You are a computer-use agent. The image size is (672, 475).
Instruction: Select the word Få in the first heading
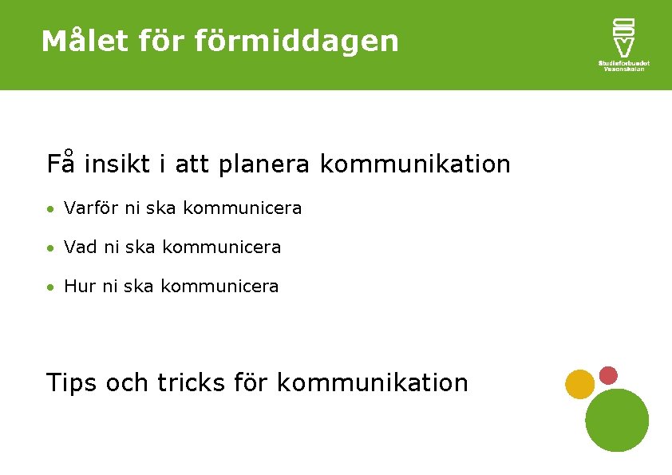pos(60,164)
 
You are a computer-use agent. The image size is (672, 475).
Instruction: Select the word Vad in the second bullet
pos(81,247)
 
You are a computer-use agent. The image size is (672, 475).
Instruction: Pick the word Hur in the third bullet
pos(79,286)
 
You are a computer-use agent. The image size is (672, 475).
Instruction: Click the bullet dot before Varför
pos(49,209)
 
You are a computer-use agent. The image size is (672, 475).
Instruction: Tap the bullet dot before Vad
pos(49,248)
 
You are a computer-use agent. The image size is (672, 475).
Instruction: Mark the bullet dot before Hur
pos(49,287)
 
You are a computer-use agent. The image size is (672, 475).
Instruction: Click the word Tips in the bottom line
pos(72,383)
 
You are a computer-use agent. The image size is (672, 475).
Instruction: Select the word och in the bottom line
pos(127,383)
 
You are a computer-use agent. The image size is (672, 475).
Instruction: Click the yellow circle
pos(579,384)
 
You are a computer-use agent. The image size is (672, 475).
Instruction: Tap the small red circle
pos(609,374)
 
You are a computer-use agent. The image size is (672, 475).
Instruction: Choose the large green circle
pos(617,420)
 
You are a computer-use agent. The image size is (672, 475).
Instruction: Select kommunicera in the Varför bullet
pos(243,208)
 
